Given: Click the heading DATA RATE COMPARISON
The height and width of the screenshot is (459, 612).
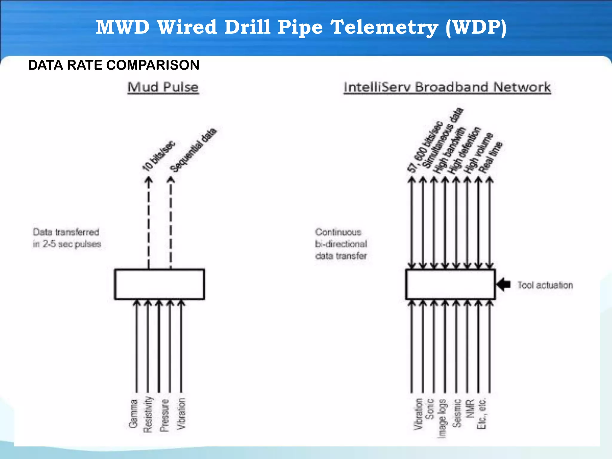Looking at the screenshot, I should tap(114, 65).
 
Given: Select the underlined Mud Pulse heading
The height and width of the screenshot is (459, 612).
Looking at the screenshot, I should tap(163, 87).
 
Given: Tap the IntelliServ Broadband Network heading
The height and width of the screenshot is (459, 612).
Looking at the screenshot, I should tap(447, 87).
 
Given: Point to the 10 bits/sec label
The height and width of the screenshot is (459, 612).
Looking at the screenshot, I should tap(158, 156).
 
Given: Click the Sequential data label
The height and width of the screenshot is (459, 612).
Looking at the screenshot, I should tap(193, 150).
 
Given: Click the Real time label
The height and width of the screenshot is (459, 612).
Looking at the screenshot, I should tap(491, 157).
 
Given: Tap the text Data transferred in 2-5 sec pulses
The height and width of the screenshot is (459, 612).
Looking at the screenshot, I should tap(67, 238).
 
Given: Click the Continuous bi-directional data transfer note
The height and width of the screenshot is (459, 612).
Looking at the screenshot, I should tap(341, 244).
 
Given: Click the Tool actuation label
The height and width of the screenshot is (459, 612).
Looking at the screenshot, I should tap(545, 285).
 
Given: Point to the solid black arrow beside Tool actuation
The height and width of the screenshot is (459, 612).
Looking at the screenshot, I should tap(504, 284).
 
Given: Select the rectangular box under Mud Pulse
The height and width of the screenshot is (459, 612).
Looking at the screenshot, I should tap(160, 284).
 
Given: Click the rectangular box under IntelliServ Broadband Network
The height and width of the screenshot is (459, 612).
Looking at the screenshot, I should tap(450, 284).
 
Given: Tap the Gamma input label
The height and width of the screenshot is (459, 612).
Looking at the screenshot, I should tap(133, 414).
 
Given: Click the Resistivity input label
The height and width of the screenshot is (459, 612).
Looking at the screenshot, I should tap(148, 414).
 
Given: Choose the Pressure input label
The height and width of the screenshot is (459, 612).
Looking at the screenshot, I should tap(164, 415).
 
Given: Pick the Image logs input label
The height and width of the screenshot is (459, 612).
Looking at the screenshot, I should tap(443, 418).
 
